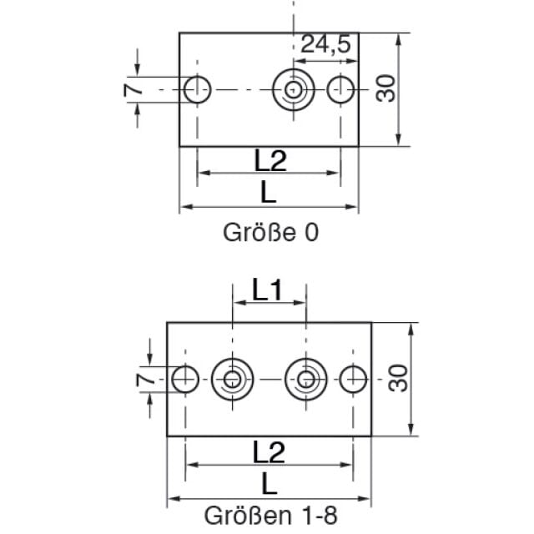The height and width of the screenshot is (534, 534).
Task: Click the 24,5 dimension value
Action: point(325,44)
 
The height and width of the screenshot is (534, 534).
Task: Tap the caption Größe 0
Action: point(270,233)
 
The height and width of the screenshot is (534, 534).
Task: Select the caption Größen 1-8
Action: point(270,516)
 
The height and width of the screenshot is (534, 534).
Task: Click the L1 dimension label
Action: point(267,290)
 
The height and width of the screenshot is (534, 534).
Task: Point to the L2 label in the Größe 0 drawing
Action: point(270,160)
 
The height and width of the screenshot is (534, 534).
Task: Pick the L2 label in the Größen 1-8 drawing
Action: point(269,452)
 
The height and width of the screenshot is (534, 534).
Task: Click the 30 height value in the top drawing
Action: point(385,88)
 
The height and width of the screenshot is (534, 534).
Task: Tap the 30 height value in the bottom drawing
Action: point(398,378)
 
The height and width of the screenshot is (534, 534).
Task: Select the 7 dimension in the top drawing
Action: point(133,89)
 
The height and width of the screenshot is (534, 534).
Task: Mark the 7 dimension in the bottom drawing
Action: point(145,380)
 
